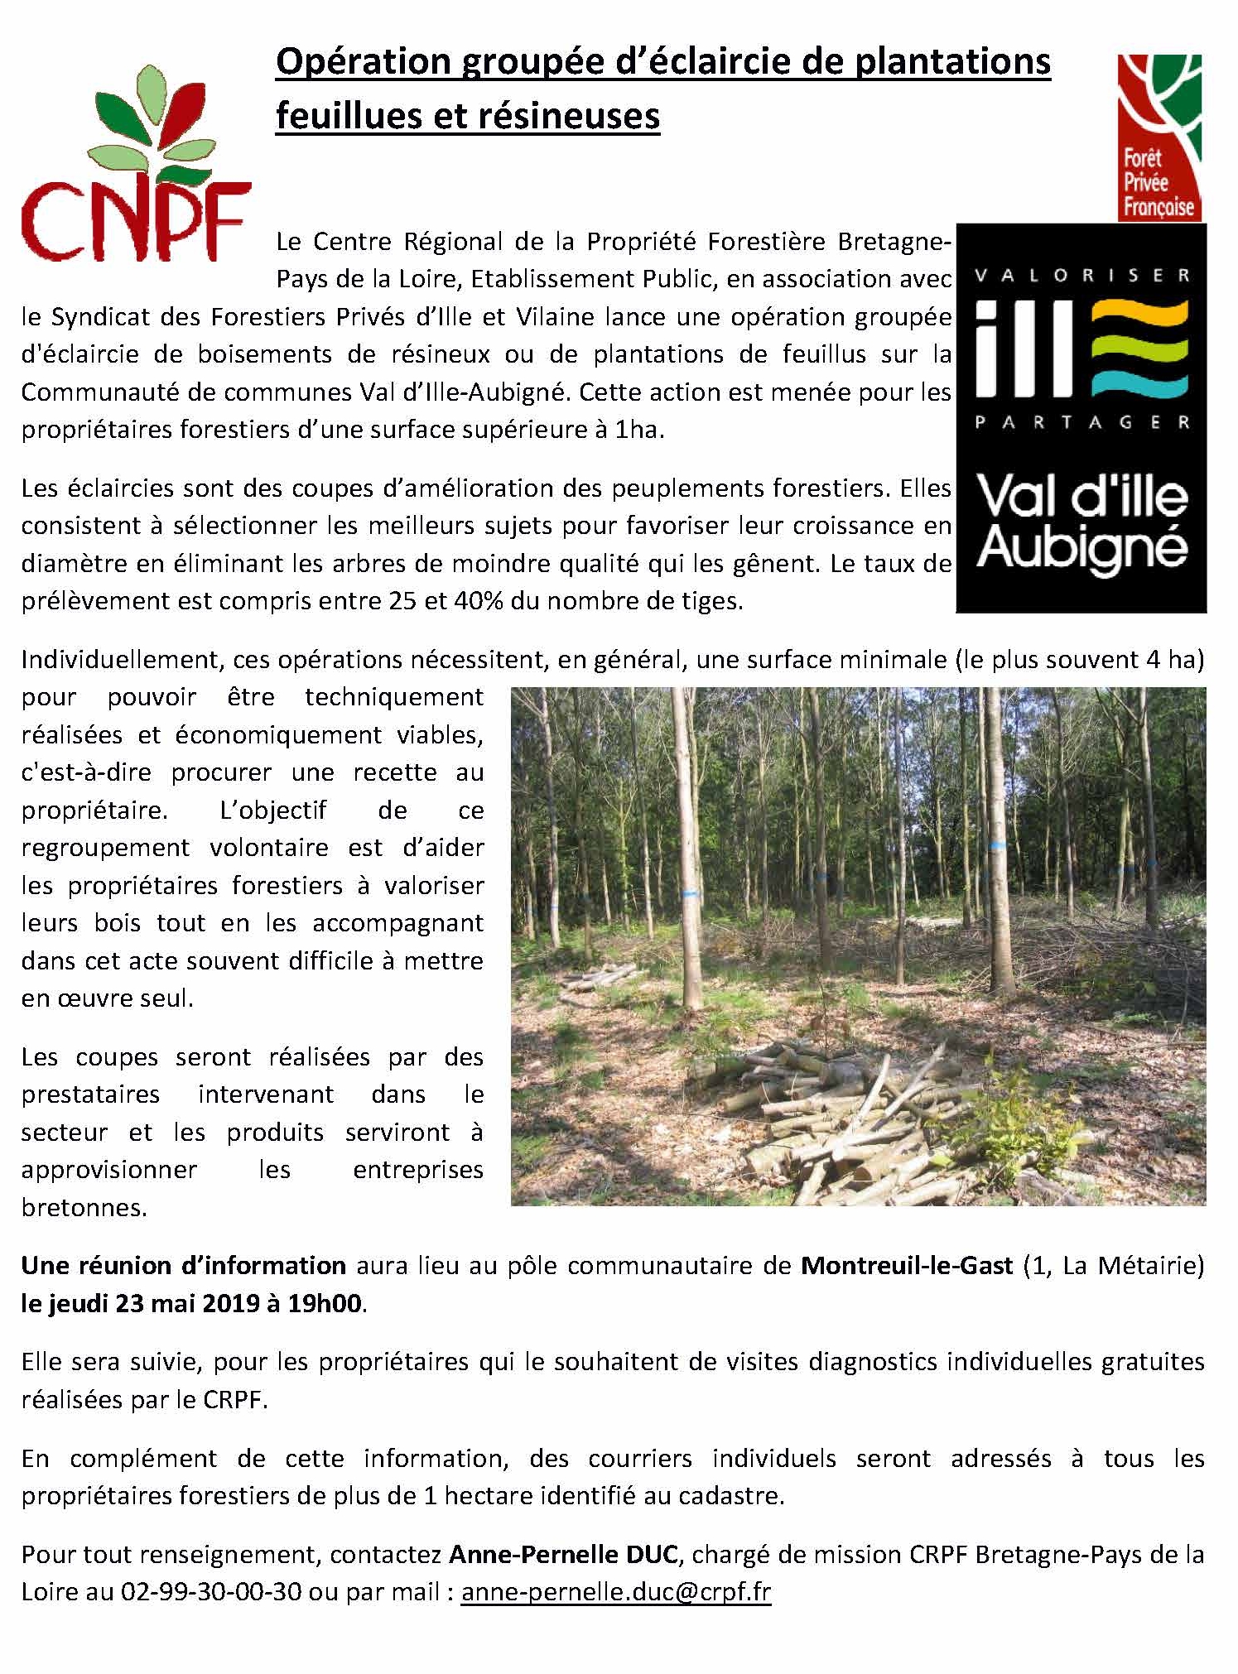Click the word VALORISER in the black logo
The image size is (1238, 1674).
coord(1081,276)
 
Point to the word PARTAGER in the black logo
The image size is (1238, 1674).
coord(1081,422)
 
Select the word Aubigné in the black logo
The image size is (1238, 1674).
coord(1081,549)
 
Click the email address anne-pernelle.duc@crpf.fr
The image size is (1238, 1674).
coord(616,1592)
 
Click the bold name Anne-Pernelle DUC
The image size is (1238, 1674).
coord(564,1554)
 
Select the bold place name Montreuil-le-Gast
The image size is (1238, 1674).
coord(907,1265)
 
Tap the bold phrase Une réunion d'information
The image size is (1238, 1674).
coord(184,1265)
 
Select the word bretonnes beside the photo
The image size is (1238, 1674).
coord(84,1207)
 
